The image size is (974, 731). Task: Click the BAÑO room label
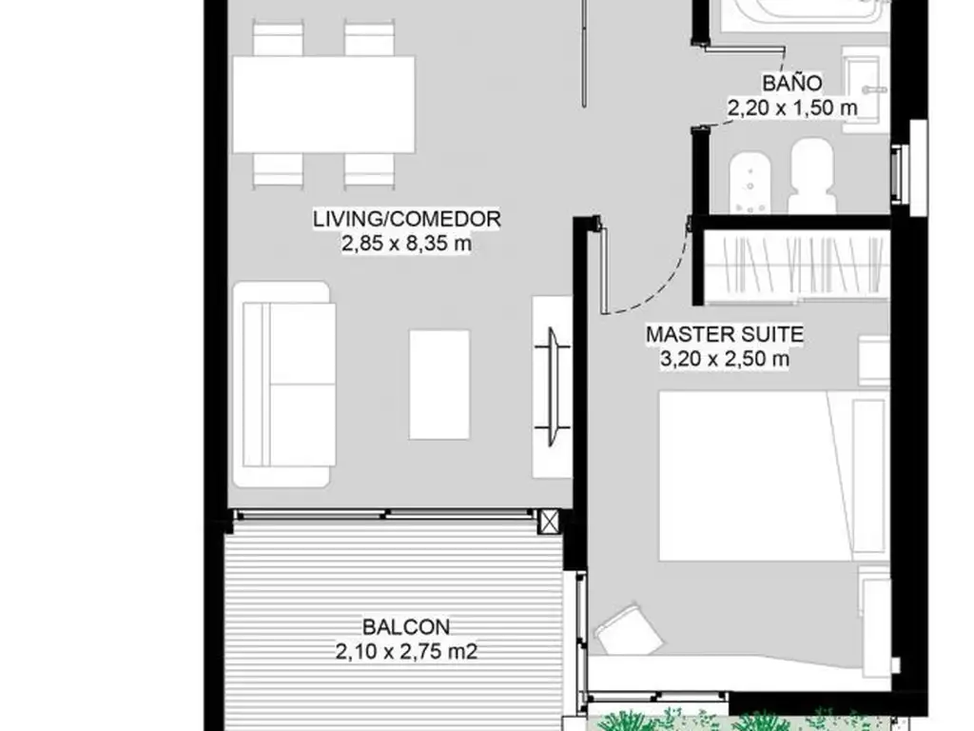point(792,83)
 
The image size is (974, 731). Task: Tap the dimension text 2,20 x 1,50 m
point(792,108)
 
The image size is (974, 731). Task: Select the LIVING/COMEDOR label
point(407,219)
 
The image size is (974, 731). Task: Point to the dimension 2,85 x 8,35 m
point(407,243)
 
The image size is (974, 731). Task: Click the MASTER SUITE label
point(725,334)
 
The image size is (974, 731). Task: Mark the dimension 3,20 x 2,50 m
point(725,359)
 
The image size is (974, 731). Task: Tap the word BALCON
point(406,626)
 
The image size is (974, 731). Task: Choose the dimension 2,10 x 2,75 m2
point(406,651)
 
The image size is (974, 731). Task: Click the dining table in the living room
point(323,105)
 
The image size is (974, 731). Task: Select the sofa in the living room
point(283,385)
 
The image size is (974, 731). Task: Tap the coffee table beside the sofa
point(439,385)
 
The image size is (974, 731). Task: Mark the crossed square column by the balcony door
point(549,521)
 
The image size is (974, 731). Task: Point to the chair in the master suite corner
point(628,631)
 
